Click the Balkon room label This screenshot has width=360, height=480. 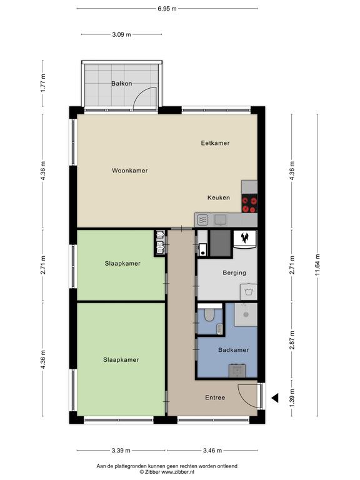(121, 83)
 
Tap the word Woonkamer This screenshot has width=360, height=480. (130, 171)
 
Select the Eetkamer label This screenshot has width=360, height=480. (215, 143)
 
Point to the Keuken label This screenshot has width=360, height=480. (219, 197)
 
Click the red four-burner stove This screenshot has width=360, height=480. (249, 203)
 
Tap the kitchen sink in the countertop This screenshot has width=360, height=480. (221, 219)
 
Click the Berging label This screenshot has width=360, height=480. (234, 272)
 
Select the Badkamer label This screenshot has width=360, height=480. (233, 350)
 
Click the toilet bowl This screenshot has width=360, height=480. (209, 314)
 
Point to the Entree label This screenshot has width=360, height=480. (215, 397)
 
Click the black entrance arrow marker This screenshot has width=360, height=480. (275, 398)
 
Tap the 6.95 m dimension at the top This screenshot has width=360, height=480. (167, 9)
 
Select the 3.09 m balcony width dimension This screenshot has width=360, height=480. (121, 34)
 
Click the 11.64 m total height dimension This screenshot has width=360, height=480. (317, 265)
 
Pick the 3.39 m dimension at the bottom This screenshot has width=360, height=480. (121, 450)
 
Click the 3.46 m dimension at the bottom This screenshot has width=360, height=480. (212, 450)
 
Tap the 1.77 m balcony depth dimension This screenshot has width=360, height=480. (43, 83)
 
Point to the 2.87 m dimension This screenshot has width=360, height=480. (292, 340)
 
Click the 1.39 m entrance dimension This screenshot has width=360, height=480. (292, 398)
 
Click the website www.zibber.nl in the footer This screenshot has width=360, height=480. (178, 472)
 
